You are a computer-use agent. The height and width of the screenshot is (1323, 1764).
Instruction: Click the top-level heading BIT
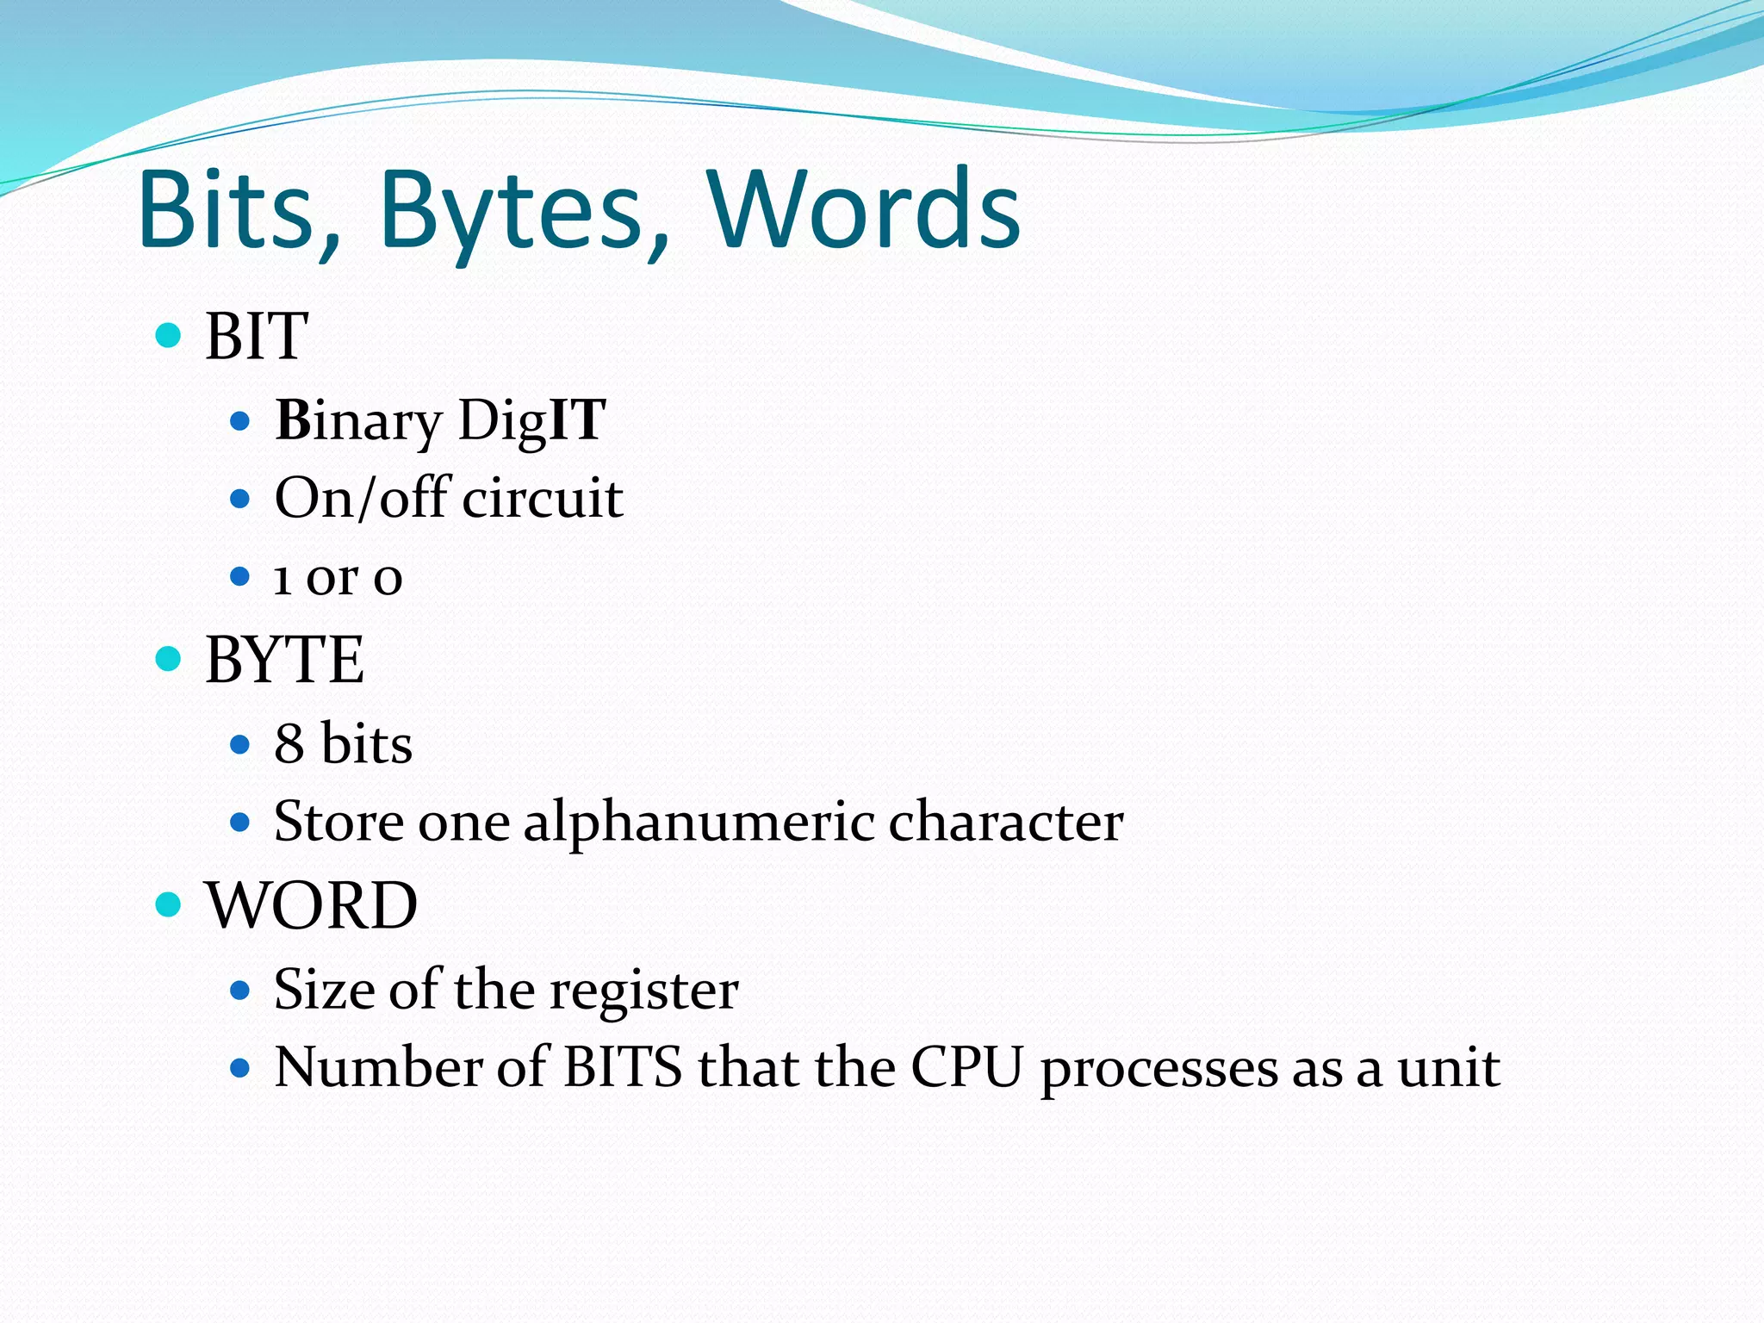(256, 336)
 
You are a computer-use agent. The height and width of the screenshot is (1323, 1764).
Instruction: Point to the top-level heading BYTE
(284, 660)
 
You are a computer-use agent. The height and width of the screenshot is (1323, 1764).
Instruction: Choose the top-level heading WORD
(311, 905)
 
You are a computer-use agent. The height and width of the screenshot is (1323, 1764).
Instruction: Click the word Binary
(357, 421)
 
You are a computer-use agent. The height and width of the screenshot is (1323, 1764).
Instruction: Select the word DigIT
(531, 421)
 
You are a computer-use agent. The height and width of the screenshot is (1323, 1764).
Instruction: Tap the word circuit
(543, 498)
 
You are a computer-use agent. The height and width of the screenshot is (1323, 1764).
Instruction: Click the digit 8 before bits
(289, 743)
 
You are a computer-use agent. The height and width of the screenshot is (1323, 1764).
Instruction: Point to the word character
(1005, 821)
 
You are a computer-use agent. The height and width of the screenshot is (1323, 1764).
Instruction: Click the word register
(643, 990)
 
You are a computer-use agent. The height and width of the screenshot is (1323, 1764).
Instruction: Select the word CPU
(966, 1067)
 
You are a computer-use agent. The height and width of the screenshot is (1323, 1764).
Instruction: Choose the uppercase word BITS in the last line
(622, 1067)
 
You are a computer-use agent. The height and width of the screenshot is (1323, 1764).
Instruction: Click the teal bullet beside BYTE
(168, 660)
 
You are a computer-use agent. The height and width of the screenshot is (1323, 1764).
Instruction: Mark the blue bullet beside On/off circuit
(240, 499)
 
